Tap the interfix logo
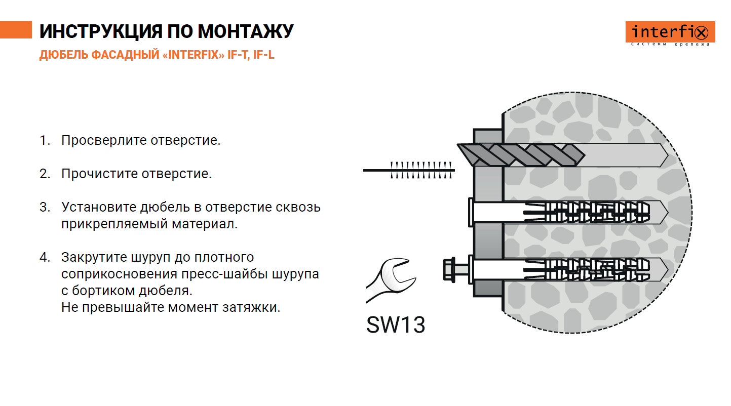tap(670, 33)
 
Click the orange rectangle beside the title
tap(16, 30)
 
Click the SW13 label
tap(395, 325)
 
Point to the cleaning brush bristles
tap(420, 170)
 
